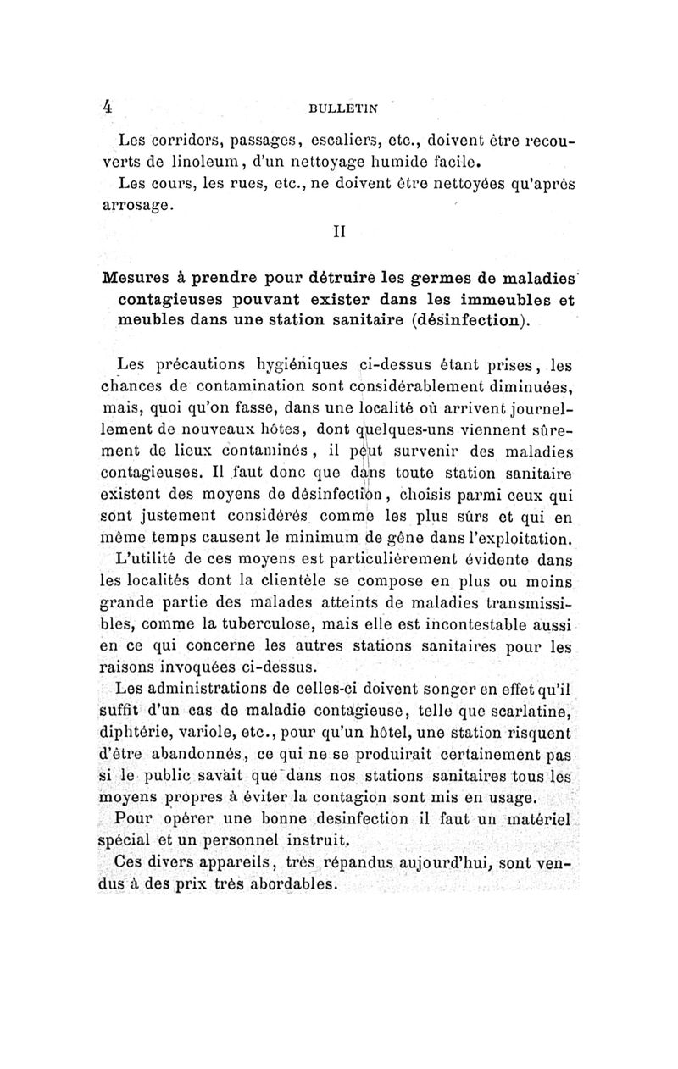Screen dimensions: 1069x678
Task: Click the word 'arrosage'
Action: [137, 203]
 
